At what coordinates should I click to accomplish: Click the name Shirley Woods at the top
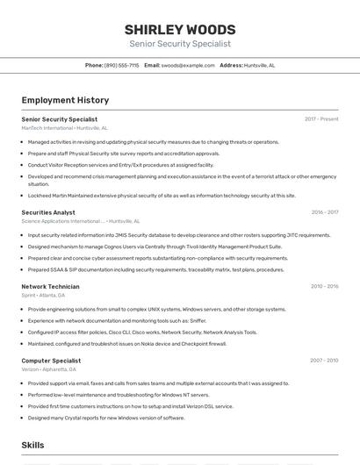click(x=179, y=29)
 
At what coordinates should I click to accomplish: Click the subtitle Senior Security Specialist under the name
click(x=179, y=43)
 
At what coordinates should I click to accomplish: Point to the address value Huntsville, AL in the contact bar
click(x=259, y=65)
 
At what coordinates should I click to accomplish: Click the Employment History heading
click(x=65, y=101)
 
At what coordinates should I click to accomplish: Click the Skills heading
click(x=32, y=445)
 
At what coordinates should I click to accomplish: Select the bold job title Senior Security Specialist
click(x=60, y=119)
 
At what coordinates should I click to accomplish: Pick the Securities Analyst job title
click(x=48, y=212)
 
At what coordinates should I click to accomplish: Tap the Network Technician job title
click(x=50, y=287)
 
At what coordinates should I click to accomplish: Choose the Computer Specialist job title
click(x=51, y=361)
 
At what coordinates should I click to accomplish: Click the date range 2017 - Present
click(x=321, y=119)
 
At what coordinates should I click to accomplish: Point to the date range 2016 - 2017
click(x=324, y=212)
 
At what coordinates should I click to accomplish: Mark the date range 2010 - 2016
click(x=324, y=287)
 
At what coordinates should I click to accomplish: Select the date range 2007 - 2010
click(x=324, y=361)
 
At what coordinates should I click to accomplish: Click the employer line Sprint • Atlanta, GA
click(x=43, y=296)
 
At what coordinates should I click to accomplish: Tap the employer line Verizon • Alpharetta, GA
click(x=49, y=369)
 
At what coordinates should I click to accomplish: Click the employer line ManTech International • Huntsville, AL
click(x=65, y=128)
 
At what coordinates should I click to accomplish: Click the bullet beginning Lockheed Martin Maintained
click(x=162, y=196)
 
